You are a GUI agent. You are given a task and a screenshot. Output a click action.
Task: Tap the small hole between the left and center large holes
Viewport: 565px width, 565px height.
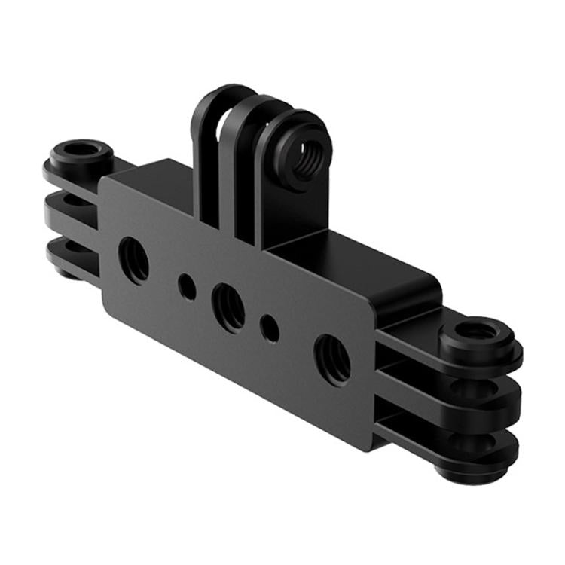[x=187, y=286]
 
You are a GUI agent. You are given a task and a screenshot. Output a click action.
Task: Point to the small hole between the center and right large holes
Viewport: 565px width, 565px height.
[x=270, y=328]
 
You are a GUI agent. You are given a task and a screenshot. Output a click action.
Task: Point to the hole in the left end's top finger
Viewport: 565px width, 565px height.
[x=78, y=149]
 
